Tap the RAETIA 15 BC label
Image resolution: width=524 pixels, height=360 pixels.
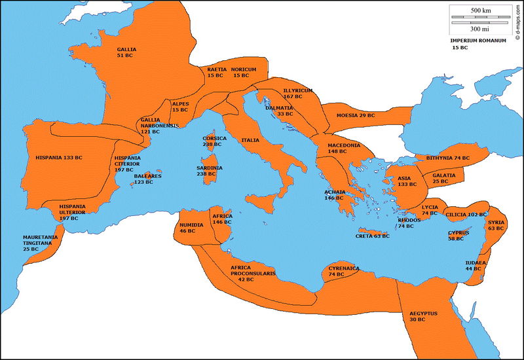pos(217,72)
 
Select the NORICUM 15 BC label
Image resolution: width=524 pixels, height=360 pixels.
pos(243,72)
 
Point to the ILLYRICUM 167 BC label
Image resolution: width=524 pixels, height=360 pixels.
pos(297,93)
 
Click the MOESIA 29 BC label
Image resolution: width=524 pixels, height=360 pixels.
pos(356,115)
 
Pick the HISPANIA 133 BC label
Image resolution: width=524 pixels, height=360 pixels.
pos(59,158)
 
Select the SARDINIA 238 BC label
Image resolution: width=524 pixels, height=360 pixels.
pos(210,171)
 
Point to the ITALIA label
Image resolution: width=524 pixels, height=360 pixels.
pos(250,140)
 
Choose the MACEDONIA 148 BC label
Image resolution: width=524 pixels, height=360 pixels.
pos(343,149)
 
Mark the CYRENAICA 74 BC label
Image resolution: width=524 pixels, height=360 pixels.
pos(344,272)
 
